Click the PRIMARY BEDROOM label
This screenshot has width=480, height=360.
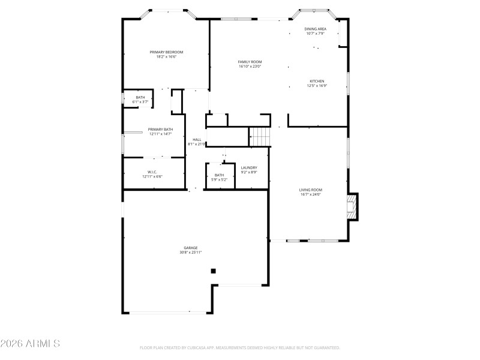click(166, 52)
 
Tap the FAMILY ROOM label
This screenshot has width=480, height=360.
click(250, 62)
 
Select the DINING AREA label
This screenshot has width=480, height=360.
click(315, 29)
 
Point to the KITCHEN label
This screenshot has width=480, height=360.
click(317, 81)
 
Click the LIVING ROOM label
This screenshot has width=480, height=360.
click(311, 190)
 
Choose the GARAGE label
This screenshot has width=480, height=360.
click(191, 248)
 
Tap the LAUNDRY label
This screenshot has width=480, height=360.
click(249, 167)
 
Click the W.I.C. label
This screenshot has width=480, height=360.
click(152, 172)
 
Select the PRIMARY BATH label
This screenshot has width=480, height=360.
click(161, 130)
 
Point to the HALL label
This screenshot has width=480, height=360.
click(197, 139)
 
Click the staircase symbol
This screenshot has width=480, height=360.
click(260, 137)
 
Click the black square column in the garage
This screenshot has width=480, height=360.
click(213, 271)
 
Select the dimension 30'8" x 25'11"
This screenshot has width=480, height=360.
click(191, 253)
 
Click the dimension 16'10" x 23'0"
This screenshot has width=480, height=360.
click(250, 67)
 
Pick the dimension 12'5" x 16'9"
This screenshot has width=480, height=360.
click(317, 86)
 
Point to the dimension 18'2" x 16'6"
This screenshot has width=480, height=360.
click(166, 57)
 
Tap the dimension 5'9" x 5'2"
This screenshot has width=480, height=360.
click(219, 179)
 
